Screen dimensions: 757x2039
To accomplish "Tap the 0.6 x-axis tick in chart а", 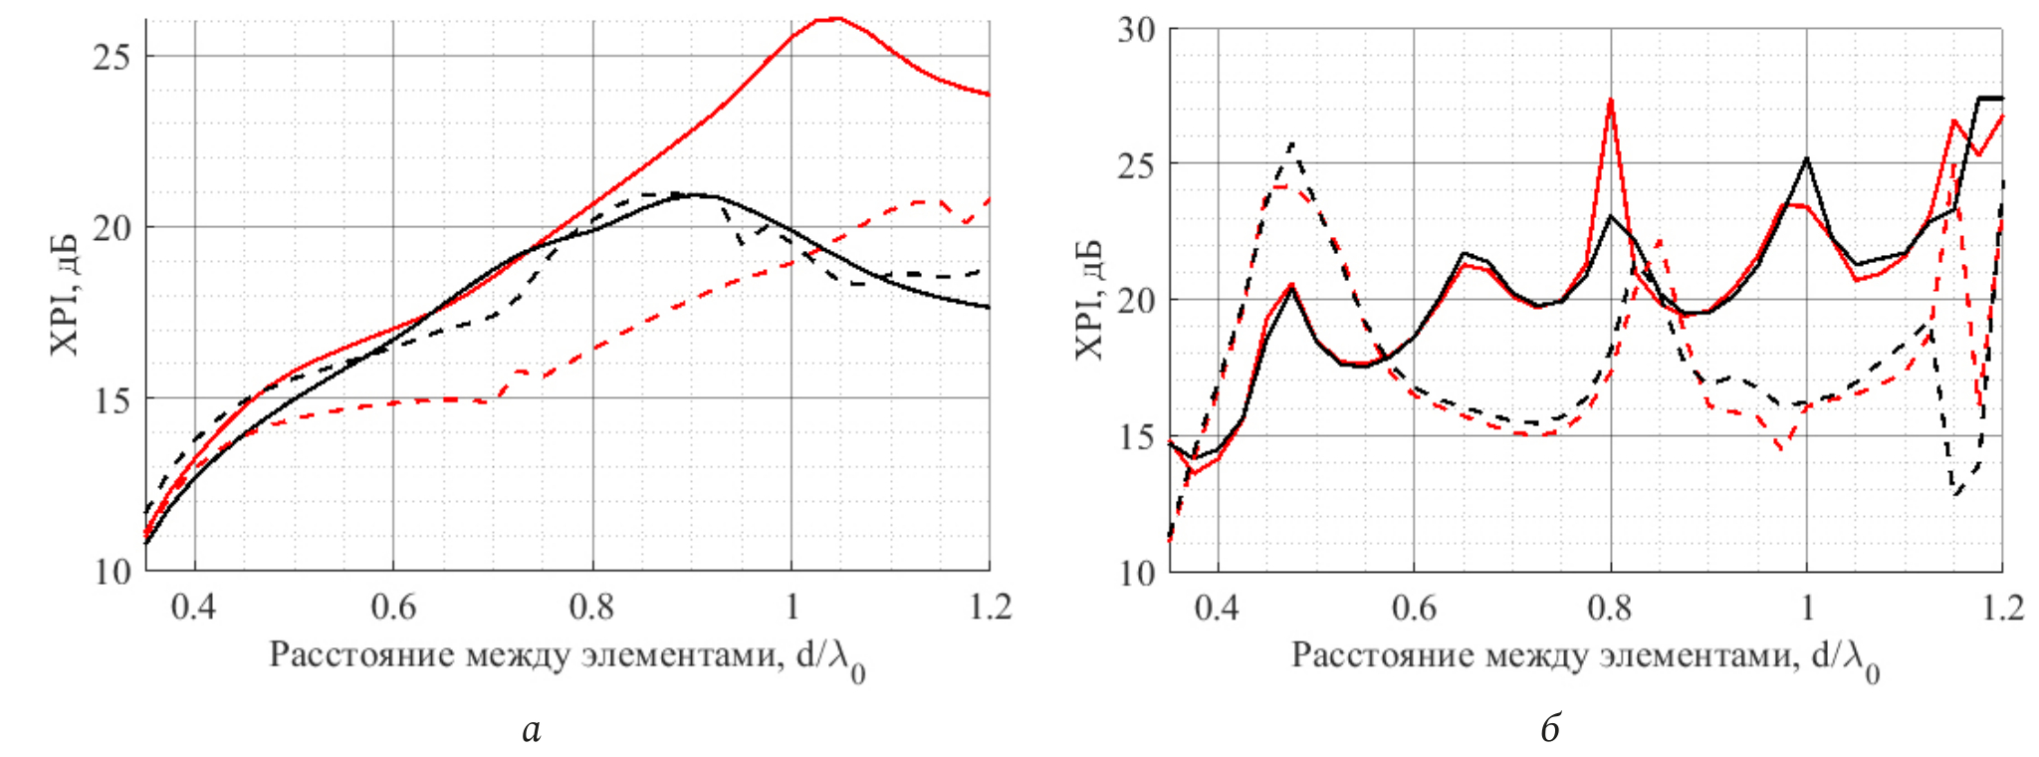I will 393,607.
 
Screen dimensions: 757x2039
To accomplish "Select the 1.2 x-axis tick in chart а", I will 990,607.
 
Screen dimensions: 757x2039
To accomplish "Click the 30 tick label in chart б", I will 1135,29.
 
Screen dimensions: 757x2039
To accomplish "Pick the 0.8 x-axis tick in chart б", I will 1610,607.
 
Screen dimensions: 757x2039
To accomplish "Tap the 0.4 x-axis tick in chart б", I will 1218,607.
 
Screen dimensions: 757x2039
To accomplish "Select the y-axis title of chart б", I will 1088,299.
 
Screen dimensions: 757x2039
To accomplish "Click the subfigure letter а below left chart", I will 531,730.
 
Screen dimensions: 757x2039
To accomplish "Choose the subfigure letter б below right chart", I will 1550,730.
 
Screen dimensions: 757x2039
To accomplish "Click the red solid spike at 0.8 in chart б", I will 1610,99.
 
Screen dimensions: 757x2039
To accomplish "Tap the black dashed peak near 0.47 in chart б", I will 1292,143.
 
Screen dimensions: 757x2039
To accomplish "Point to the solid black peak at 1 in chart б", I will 1806,158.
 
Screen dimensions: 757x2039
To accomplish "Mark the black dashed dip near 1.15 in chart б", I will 1956,493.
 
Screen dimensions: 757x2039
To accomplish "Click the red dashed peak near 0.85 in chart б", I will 1659,240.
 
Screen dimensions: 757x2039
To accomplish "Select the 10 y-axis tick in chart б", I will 1135,573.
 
